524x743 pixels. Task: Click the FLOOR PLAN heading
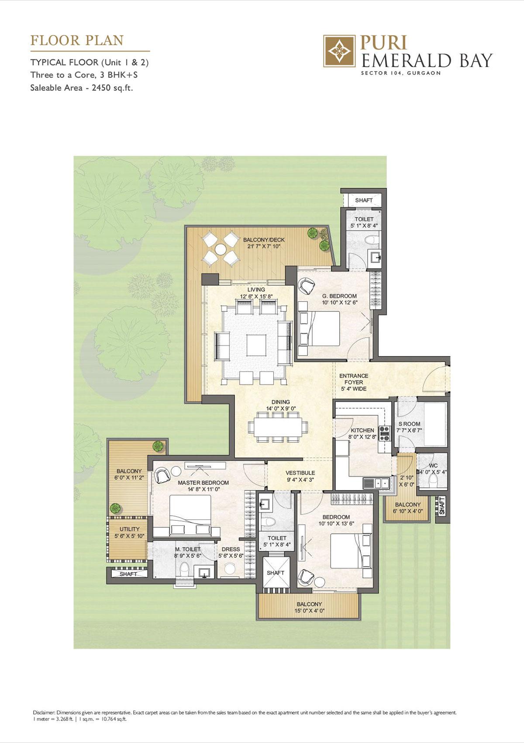pyautogui.click(x=77, y=41)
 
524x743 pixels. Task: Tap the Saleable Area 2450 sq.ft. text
pyautogui.click(x=81, y=88)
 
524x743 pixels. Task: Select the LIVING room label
pyautogui.click(x=256, y=290)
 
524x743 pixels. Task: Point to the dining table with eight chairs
pyautogui.click(x=277, y=426)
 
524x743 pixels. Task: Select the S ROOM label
pyautogui.click(x=409, y=424)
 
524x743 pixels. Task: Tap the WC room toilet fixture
pyautogui.click(x=433, y=482)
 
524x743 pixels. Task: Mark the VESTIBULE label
pyautogui.click(x=300, y=473)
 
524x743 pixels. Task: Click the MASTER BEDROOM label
pyautogui.click(x=203, y=483)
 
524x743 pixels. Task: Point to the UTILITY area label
pyautogui.click(x=129, y=529)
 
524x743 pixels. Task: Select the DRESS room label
pyautogui.click(x=231, y=549)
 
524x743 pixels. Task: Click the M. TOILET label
pyautogui.click(x=188, y=549)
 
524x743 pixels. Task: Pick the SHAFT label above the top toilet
pyautogui.click(x=363, y=200)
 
